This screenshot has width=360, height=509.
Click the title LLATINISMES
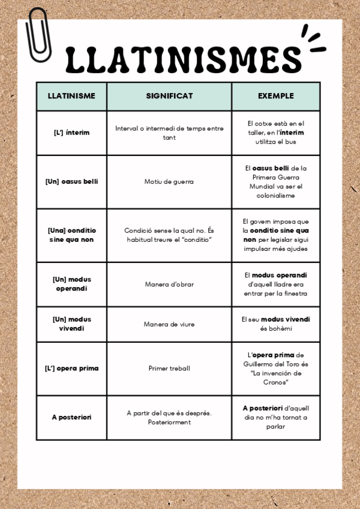(184, 58)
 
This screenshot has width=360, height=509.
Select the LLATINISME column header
(71, 96)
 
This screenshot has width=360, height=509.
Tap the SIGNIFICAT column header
(169, 96)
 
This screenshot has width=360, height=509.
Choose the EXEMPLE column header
(275, 96)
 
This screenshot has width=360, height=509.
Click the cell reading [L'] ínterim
(71, 133)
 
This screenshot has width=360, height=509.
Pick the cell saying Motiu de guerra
(169, 181)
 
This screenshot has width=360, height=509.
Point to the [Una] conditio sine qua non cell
(71, 235)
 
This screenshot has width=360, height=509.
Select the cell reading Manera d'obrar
(169, 284)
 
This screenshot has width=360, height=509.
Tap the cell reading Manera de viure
(169, 324)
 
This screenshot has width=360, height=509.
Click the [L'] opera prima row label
(71, 368)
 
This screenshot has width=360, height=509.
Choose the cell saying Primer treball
(169, 368)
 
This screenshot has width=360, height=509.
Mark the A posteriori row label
(71, 417)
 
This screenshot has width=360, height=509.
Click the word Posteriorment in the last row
(169, 422)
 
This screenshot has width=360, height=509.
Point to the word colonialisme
(275, 195)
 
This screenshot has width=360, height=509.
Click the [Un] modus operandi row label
(71, 284)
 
